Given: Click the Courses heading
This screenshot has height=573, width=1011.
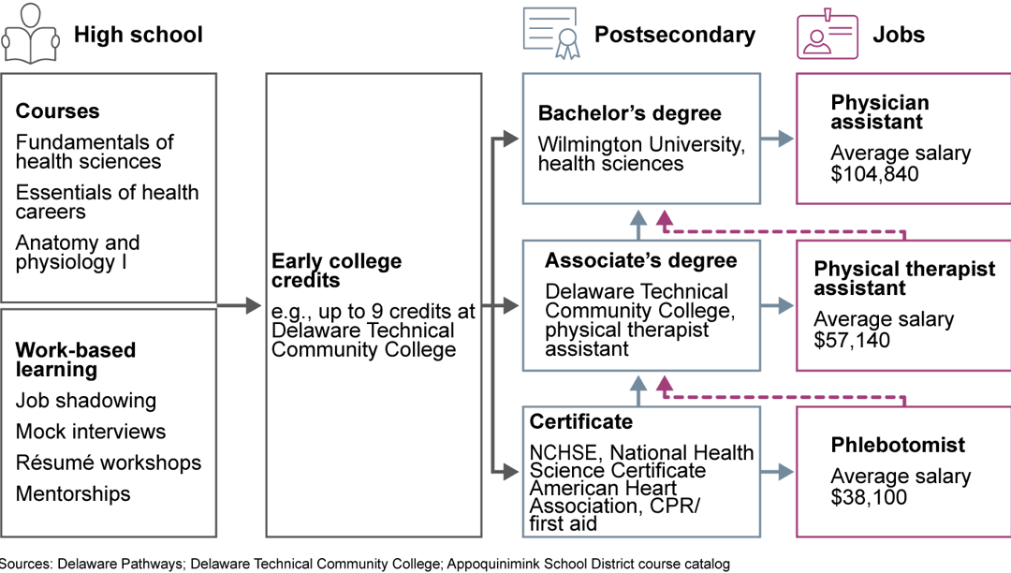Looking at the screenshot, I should coord(57,110).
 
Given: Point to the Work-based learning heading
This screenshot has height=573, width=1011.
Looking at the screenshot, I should coord(75,360).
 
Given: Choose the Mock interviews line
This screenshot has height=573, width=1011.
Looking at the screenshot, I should coord(90,432).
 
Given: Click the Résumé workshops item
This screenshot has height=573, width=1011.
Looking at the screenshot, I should coord(108,463).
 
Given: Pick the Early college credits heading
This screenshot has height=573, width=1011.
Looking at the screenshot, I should coord(336,271).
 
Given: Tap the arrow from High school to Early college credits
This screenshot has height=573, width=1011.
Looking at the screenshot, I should coord(240,305).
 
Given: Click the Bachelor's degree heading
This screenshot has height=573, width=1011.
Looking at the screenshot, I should coord(629,113).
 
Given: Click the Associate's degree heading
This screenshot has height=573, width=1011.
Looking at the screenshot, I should coord(640,261).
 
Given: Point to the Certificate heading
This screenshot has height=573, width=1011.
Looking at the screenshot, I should coord(580,421).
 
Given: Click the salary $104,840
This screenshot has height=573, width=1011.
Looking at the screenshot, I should coord(874,174).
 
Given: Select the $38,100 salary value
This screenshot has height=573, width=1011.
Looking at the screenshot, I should coord(869,496).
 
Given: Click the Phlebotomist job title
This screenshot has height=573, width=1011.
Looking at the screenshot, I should coord(897,445).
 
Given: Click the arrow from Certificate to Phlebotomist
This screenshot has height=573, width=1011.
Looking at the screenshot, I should coord(776,471).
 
